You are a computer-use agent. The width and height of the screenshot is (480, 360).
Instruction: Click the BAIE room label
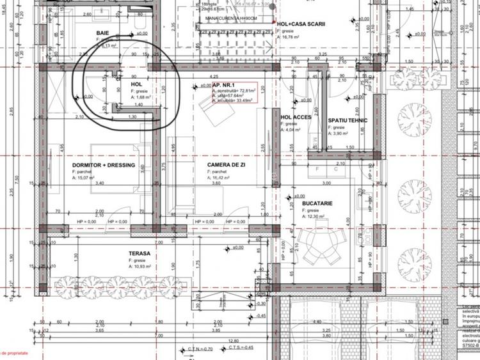pos(102,33)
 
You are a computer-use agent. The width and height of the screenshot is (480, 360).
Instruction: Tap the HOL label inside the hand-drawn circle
pos(136,84)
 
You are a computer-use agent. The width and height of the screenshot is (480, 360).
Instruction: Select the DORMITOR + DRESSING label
pos(104,165)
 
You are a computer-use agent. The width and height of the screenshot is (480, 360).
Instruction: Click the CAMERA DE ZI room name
pos(227,165)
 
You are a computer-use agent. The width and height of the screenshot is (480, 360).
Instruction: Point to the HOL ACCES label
pos(296,118)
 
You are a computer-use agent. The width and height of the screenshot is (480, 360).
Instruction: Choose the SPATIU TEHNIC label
pos(348,120)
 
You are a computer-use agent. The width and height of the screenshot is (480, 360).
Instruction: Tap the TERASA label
pos(139,254)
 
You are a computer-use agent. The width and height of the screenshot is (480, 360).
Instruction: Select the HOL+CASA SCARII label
pos(301,24)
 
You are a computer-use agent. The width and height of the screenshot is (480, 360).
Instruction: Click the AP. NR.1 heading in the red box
pos(225,85)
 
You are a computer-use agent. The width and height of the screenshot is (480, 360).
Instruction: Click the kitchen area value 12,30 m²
pos(318,217)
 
